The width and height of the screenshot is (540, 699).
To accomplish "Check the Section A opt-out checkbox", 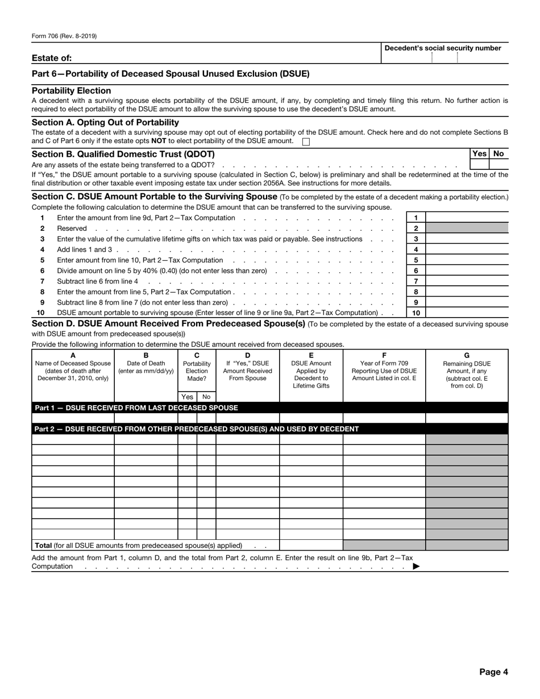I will [306, 142].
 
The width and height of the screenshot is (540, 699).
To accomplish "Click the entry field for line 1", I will [467, 218].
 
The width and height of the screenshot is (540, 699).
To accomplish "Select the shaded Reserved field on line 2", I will [467, 228].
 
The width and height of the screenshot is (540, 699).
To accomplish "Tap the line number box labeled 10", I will [416, 313].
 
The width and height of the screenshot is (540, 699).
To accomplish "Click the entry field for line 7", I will [467, 281].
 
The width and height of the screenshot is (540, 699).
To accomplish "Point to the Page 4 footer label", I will [493, 672].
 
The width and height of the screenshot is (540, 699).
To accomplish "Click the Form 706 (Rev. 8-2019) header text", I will [64, 36].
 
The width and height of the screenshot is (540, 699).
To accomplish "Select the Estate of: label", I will [52, 58].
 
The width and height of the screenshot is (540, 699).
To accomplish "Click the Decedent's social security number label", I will [443, 48].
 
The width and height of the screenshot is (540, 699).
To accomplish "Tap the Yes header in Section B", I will [479, 153].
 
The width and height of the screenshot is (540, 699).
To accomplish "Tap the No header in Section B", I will [499, 153].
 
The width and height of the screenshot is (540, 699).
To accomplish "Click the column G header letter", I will [467, 355].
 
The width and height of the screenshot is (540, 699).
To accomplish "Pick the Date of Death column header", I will [146, 364].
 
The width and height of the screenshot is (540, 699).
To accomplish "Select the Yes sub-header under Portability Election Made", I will [187, 397].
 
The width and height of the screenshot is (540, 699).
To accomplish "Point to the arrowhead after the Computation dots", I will [416, 566].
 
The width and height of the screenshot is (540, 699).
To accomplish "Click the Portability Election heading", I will [72, 91].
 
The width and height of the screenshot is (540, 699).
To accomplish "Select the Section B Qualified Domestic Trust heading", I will [123, 154].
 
